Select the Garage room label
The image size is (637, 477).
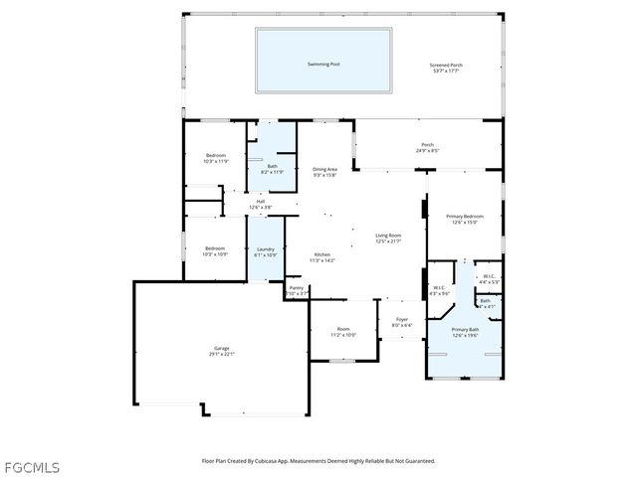pos(220,351)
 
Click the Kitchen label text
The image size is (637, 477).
pos(323,257)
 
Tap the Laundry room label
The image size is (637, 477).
pos(265,251)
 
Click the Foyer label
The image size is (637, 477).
pos(401,321)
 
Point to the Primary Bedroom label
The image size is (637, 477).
pos(465,219)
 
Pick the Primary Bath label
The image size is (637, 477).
pos(465,332)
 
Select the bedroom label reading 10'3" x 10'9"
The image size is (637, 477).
pos(216,250)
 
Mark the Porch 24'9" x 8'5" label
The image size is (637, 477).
pos(427,147)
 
